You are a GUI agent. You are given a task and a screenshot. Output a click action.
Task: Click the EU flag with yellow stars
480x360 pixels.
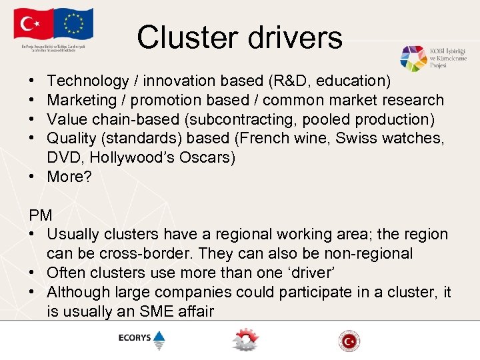pyautogui.click(x=75, y=25)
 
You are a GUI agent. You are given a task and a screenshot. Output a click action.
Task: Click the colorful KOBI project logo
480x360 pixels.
pyautogui.click(x=413, y=59)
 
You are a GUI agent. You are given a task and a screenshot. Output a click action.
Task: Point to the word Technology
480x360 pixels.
pyautogui.click(x=88, y=81)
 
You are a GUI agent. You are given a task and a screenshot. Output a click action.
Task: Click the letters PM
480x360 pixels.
pyautogui.click(x=41, y=215)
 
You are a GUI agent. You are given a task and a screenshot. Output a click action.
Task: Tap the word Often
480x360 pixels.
pyautogui.click(x=67, y=273)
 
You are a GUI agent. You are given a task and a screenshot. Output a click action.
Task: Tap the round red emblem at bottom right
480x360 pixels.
pyautogui.click(x=349, y=341)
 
